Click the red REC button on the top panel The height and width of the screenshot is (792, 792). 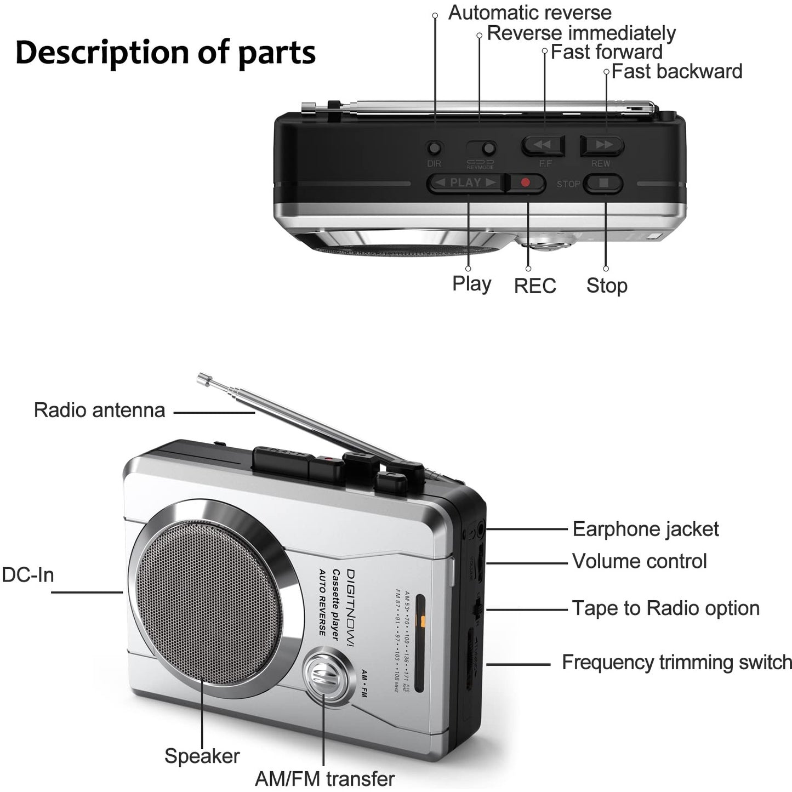(x=525, y=183)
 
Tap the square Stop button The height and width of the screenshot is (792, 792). (x=603, y=183)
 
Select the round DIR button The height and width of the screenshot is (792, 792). (x=434, y=148)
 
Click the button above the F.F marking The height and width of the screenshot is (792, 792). (x=543, y=145)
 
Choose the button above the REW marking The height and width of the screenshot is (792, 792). (x=602, y=145)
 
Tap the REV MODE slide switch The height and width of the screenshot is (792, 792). (x=481, y=149)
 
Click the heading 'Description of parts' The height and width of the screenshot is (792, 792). (x=165, y=53)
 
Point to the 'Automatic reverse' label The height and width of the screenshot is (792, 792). (x=529, y=13)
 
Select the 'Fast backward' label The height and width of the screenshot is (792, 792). (x=676, y=71)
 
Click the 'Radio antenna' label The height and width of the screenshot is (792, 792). (x=99, y=410)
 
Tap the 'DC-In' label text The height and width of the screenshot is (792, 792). (x=28, y=575)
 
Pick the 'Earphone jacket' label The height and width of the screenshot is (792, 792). (x=645, y=529)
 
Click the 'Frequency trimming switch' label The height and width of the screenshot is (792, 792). (x=676, y=662)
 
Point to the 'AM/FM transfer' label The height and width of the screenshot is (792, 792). (x=324, y=778)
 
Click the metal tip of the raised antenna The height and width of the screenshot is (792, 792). (x=204, y=379)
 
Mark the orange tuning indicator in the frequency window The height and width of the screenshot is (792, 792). (x=422, y=621)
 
